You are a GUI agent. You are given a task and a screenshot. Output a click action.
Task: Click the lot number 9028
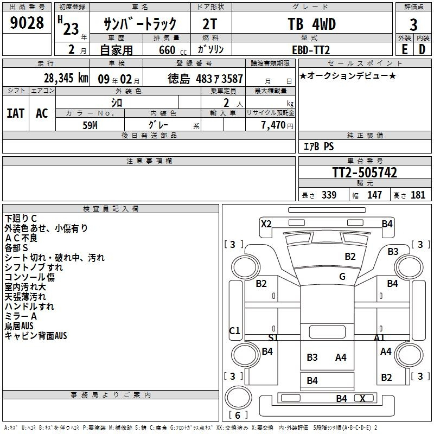click(27, 23)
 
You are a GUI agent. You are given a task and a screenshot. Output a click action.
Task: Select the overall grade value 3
click(413, 24)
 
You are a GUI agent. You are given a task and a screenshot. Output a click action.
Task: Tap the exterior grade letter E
click(404, 49)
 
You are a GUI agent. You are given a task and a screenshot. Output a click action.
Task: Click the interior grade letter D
click(422, 49)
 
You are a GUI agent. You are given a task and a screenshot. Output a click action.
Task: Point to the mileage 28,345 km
click(66, 78)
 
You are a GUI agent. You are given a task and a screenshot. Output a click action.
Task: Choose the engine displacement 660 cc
click(173, 50)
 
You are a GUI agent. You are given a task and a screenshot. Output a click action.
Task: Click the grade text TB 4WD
click(311, 24)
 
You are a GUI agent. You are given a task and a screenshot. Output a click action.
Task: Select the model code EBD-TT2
click(311, 50)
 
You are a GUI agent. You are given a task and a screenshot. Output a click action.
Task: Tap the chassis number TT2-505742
click(365, 173)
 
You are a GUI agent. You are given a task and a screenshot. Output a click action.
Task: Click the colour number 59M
click(90, 125)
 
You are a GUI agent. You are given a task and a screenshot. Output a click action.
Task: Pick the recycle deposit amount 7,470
click(273, 125)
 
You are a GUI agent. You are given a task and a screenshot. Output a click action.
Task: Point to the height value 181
click(418, 195)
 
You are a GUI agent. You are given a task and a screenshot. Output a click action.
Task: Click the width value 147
click(374, 195)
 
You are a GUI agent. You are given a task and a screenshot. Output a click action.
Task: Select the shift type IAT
click(16, 113)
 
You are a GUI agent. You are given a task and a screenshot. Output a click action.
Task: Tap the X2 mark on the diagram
click(266, 224)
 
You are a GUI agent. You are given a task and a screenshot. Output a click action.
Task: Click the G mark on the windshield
click(342, 276)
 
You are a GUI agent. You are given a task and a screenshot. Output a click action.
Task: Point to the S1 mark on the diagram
click(273, 337)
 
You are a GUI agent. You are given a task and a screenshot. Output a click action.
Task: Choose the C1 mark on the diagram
click(235, 330)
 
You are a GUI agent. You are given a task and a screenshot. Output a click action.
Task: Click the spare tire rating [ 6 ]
click(238, 415)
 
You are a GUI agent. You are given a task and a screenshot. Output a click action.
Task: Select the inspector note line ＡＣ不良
click(21, 238)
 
